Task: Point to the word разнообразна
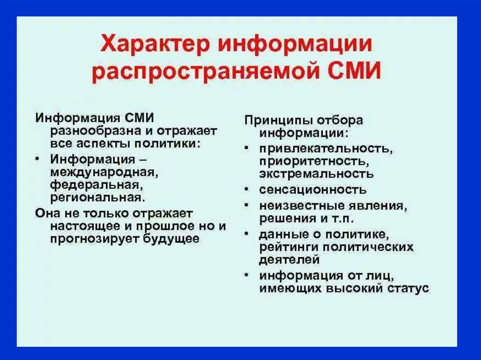pos(94,131)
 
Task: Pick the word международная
pos(104,172)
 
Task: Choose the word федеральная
pos(97,185)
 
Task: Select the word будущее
pos(171,238)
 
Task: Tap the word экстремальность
pos(316,174)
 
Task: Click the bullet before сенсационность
pos(247,189)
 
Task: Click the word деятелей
pos(289,260)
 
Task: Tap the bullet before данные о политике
pos(247,234)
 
